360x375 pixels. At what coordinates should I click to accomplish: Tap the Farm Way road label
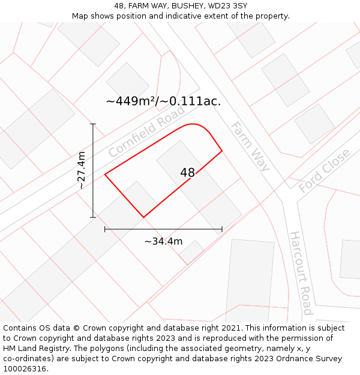click(x=250, y=146)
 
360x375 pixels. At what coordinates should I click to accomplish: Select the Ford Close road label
click(x=325, y=171)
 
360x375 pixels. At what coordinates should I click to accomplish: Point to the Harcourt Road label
click(x=301, y=273)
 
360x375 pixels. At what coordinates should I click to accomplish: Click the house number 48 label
click(x=187, y=173)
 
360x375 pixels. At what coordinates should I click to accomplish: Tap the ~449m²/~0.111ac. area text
click(x=163, y=101)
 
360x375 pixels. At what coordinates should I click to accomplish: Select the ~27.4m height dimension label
click(x=82, y=171)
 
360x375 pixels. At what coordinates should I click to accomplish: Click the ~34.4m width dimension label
click(x=163, y=241)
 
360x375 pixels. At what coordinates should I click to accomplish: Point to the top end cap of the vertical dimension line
click(x=93, y=124)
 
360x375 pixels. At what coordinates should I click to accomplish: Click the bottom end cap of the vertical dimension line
click(x=93, y=217)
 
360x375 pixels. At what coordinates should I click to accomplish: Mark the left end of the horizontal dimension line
click(x=105, y=229)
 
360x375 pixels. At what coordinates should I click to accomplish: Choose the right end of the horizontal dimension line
click(x=222, y=229)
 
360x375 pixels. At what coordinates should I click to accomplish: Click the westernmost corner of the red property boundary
click(x=105, y=175)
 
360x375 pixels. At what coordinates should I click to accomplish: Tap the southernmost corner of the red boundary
click(x=143, y=217)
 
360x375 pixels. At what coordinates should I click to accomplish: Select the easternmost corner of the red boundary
click(x=222, y=151)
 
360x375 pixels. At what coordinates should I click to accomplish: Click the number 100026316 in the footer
click(x=25, y=368)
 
